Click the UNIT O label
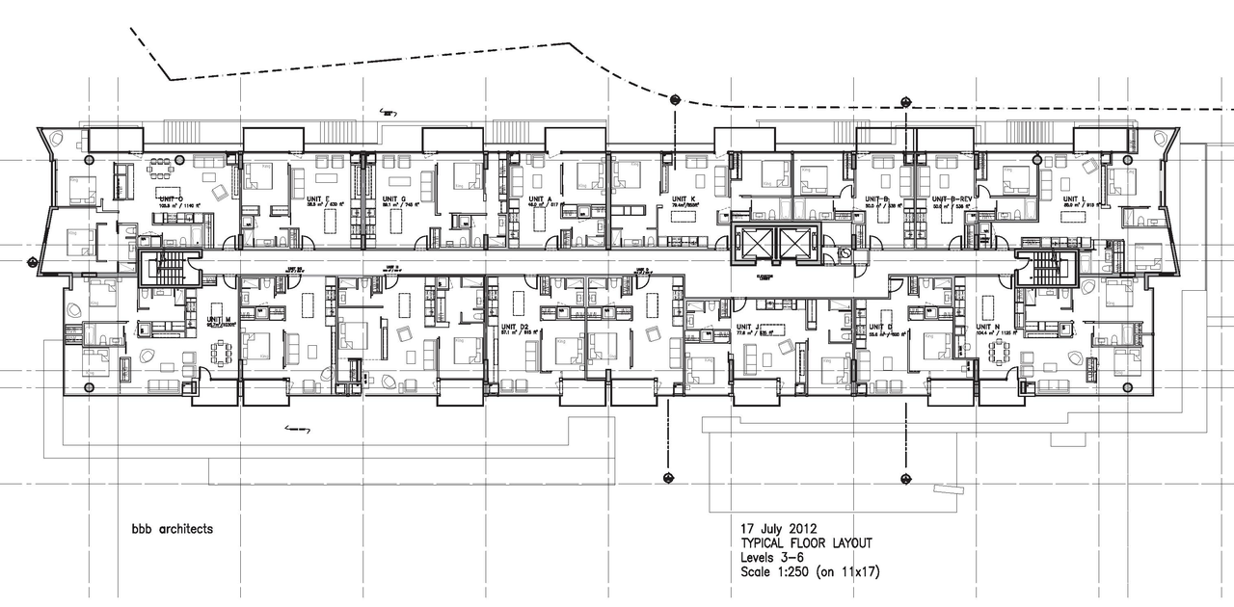[x=171, y=198]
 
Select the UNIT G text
[x=392, y=198]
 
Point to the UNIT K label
[x=684, y=198]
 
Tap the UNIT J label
[x=749, y=328]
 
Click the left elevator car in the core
[x=754, y=242]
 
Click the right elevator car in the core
[x=796, y=242]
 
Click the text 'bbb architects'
[x=173, y=529]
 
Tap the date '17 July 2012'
[x=770, y=530]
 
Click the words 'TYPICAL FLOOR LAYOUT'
[x=805, y=543]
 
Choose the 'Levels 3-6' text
[x=770, y=558]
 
